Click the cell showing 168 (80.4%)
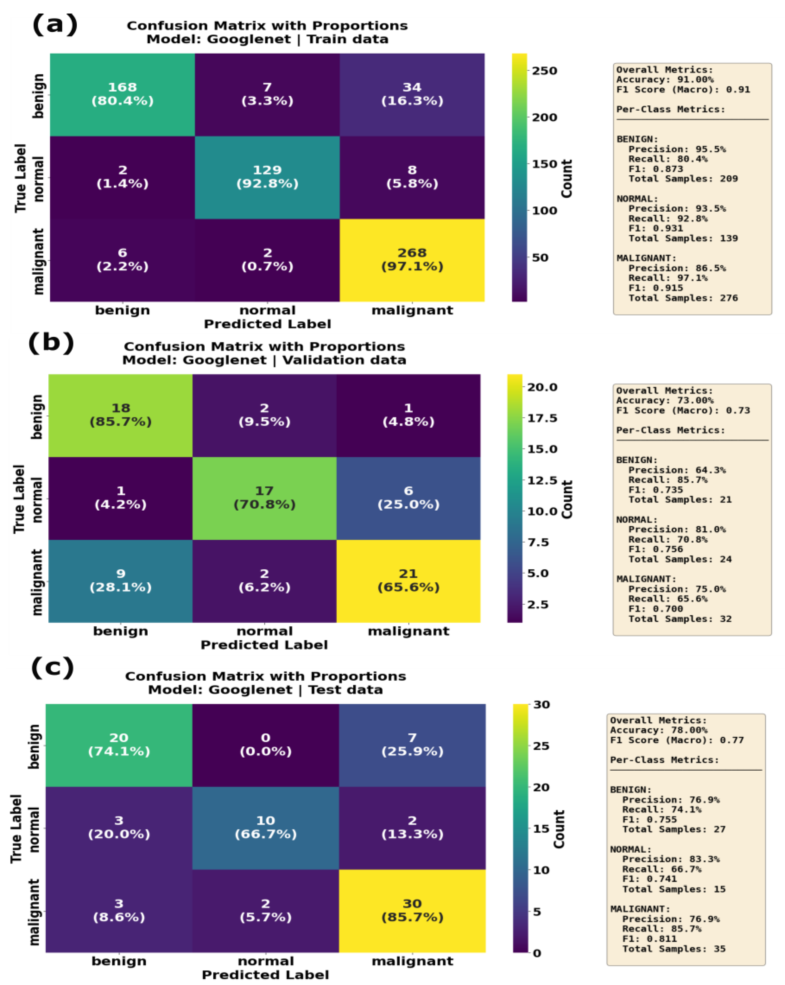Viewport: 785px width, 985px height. [122, 94]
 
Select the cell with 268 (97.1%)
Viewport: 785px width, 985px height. [412, 260]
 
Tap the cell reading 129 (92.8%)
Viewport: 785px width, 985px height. [267, 177]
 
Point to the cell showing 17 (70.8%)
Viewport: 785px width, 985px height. [264, 497]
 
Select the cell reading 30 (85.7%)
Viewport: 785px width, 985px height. [412, 910]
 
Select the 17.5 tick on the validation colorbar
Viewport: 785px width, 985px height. [542, 418]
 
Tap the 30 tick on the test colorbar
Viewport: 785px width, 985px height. [542, 704]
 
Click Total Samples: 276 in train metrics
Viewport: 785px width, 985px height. [683, 298]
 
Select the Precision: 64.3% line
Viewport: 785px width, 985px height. [677, 470]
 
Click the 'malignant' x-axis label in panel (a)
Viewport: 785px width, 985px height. [412, 310]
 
